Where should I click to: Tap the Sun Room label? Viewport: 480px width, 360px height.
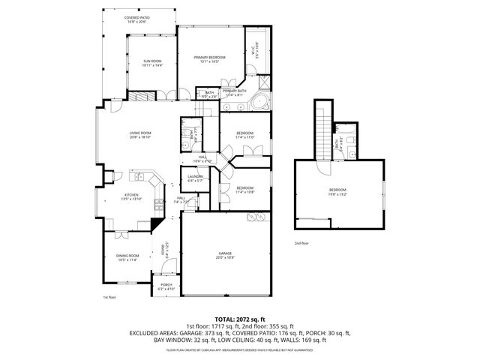(152, 64)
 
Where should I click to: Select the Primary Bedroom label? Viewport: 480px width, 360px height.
(209, 59)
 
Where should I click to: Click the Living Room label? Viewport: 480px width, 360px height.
(140, 135)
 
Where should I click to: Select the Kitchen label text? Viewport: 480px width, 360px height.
(131, 196)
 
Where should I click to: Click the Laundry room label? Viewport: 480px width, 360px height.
(195, 178)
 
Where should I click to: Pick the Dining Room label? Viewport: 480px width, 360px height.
(127, 258)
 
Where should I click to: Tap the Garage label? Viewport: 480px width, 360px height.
(225, 256)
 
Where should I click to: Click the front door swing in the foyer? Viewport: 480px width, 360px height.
(169, 265)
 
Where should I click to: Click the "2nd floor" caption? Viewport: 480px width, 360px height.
(301, 243)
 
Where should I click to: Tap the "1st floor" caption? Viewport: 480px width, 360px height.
(109, 298)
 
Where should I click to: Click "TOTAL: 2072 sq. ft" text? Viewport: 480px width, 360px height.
(240, 319)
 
